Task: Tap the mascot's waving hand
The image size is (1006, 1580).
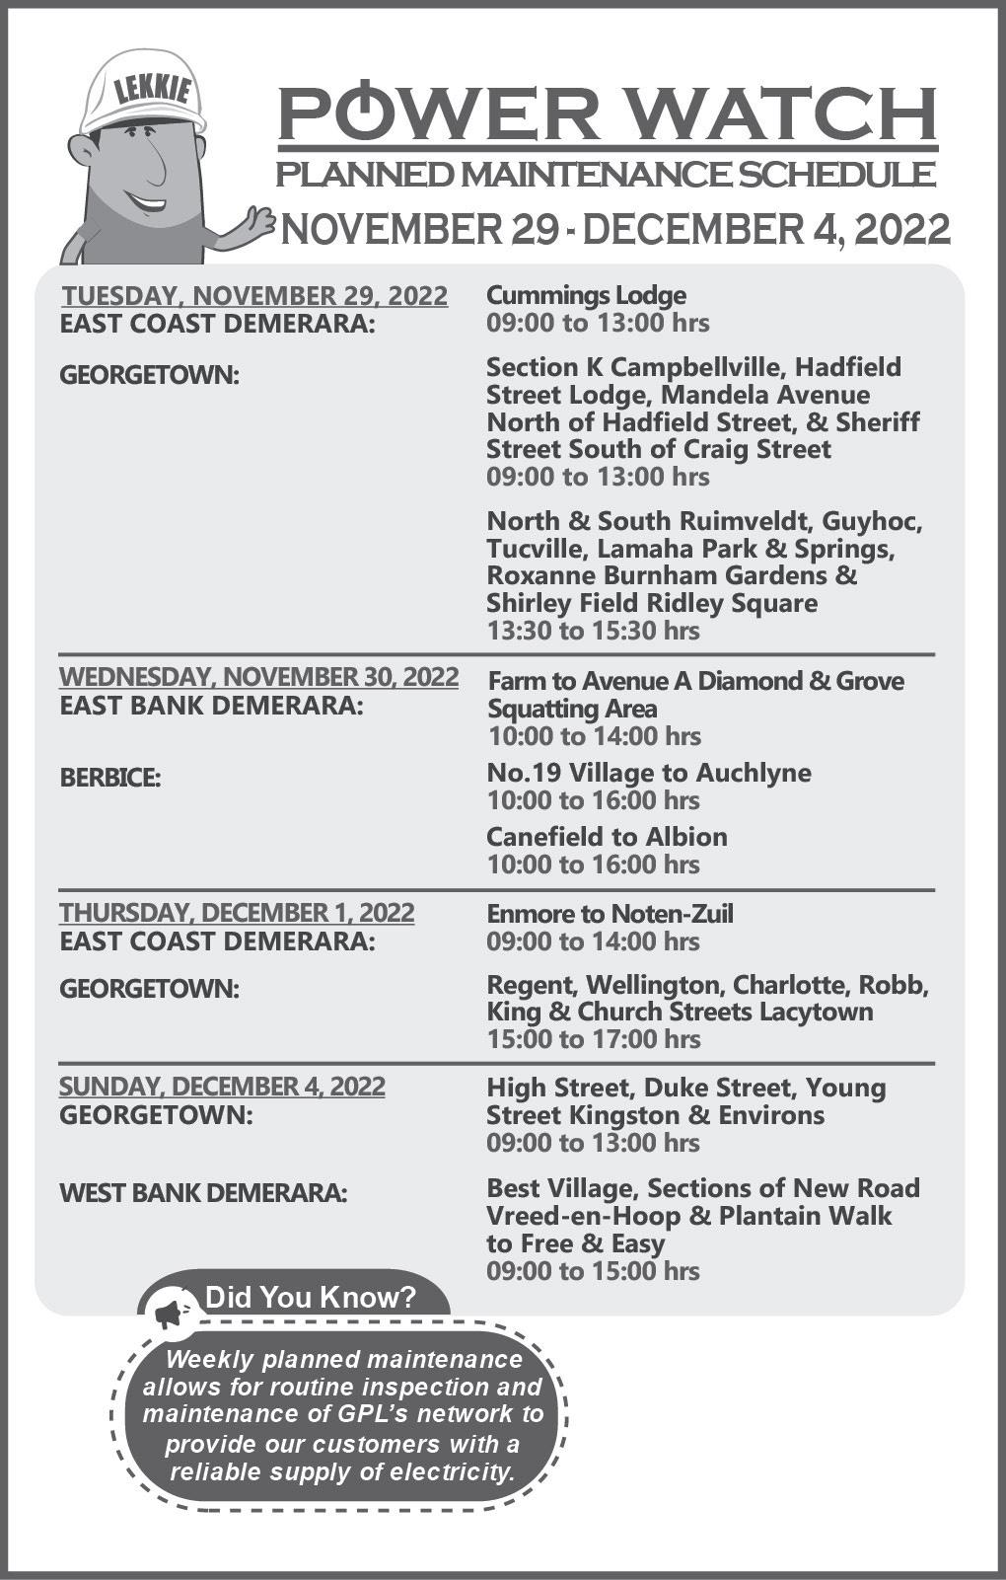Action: coord(258,223)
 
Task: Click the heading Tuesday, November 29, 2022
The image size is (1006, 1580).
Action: coord(254,295)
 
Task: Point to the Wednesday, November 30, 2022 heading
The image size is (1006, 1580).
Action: coord(258,677)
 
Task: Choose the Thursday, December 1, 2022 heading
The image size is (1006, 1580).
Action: coord(237,913)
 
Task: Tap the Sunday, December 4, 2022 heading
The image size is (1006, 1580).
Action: coord(222,1087)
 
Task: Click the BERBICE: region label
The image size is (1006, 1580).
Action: coord(110,778)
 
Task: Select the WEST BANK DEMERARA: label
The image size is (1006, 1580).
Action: coord(203,1193)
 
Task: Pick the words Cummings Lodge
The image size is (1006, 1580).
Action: coord(586,295)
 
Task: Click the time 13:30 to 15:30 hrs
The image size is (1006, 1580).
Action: coord(593,631)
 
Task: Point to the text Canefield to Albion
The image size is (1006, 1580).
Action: coord(607,837)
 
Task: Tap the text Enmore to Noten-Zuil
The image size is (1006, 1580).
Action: coord(610,914)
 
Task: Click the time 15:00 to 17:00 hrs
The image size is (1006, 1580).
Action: coord(593,1039)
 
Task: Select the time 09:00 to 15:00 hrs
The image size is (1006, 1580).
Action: coord(593,1270)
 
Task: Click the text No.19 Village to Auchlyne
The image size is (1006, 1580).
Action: coord(648,773)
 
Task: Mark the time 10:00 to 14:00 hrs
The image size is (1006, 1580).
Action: coord(593,736)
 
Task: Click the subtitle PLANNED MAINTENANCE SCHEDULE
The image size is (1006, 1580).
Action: coord(605,175)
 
